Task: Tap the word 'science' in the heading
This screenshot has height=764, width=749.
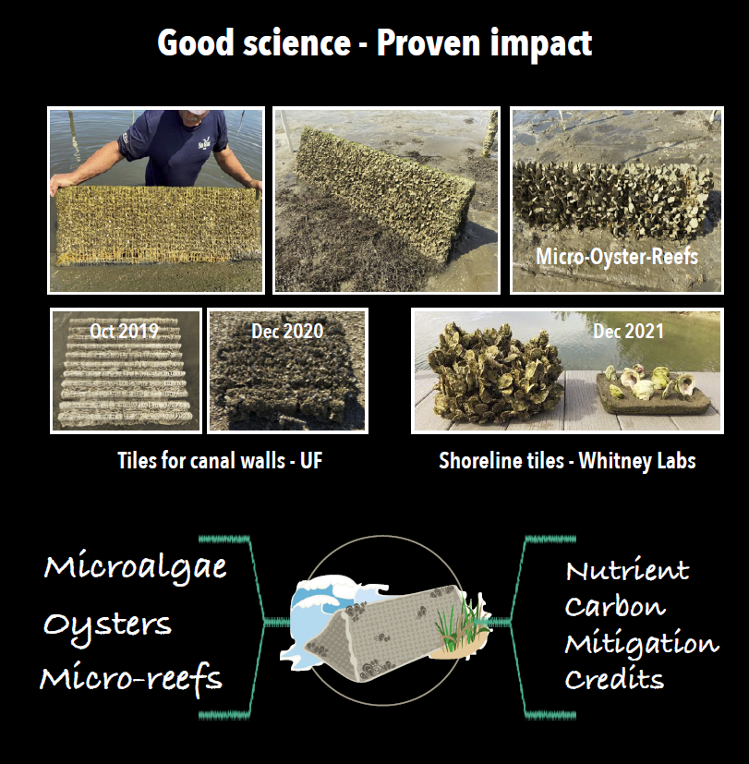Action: point(297,43)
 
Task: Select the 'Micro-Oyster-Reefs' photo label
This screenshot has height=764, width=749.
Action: point(617,257)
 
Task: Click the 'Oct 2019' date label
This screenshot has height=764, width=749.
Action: point(124,332)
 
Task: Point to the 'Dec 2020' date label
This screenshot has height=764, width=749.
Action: point(287,332)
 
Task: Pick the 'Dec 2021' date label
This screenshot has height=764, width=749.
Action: point(628,332)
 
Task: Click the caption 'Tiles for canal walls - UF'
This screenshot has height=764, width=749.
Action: point(220,460)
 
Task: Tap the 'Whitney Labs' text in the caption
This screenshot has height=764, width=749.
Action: point(637,461)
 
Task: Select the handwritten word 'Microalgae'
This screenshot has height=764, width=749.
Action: point(136,566)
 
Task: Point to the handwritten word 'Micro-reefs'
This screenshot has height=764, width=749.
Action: point(131,679)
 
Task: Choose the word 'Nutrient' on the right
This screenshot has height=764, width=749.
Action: point(627,571)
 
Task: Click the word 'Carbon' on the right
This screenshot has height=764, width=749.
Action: point(615,607)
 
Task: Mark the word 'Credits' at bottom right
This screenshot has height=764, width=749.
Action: point(614,679)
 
